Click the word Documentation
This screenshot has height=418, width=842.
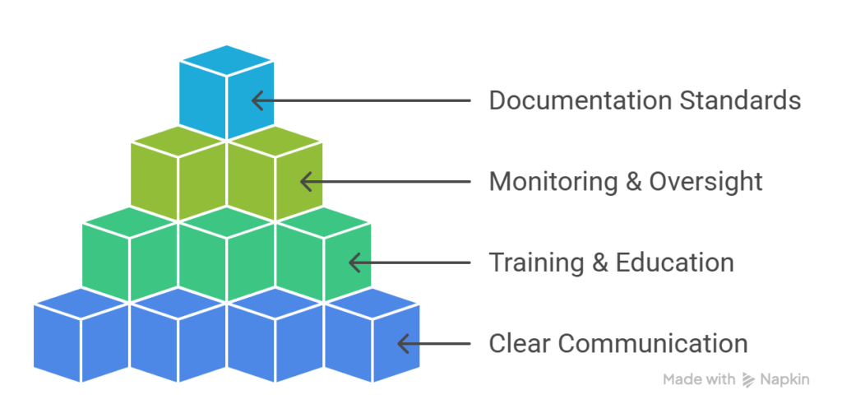(x=581, y=100)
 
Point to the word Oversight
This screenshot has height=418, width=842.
(x=706, y=182)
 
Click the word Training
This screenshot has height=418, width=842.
(x=538, y=262)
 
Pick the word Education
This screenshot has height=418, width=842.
(x=674, y=262)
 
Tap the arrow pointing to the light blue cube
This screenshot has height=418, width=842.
(x=361, y=100)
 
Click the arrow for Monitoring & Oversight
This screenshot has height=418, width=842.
(x=385, y=182)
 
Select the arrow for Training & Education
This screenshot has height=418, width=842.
(x=409, y=262)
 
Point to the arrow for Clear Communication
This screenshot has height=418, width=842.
(x=434, y=343)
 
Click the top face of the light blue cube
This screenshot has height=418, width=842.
(x=227, y=60)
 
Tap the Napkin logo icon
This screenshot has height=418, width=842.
(x=748, y=380)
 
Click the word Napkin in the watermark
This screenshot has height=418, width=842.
(x=784, y=380)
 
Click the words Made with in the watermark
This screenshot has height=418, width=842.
(x=699, y=380)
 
